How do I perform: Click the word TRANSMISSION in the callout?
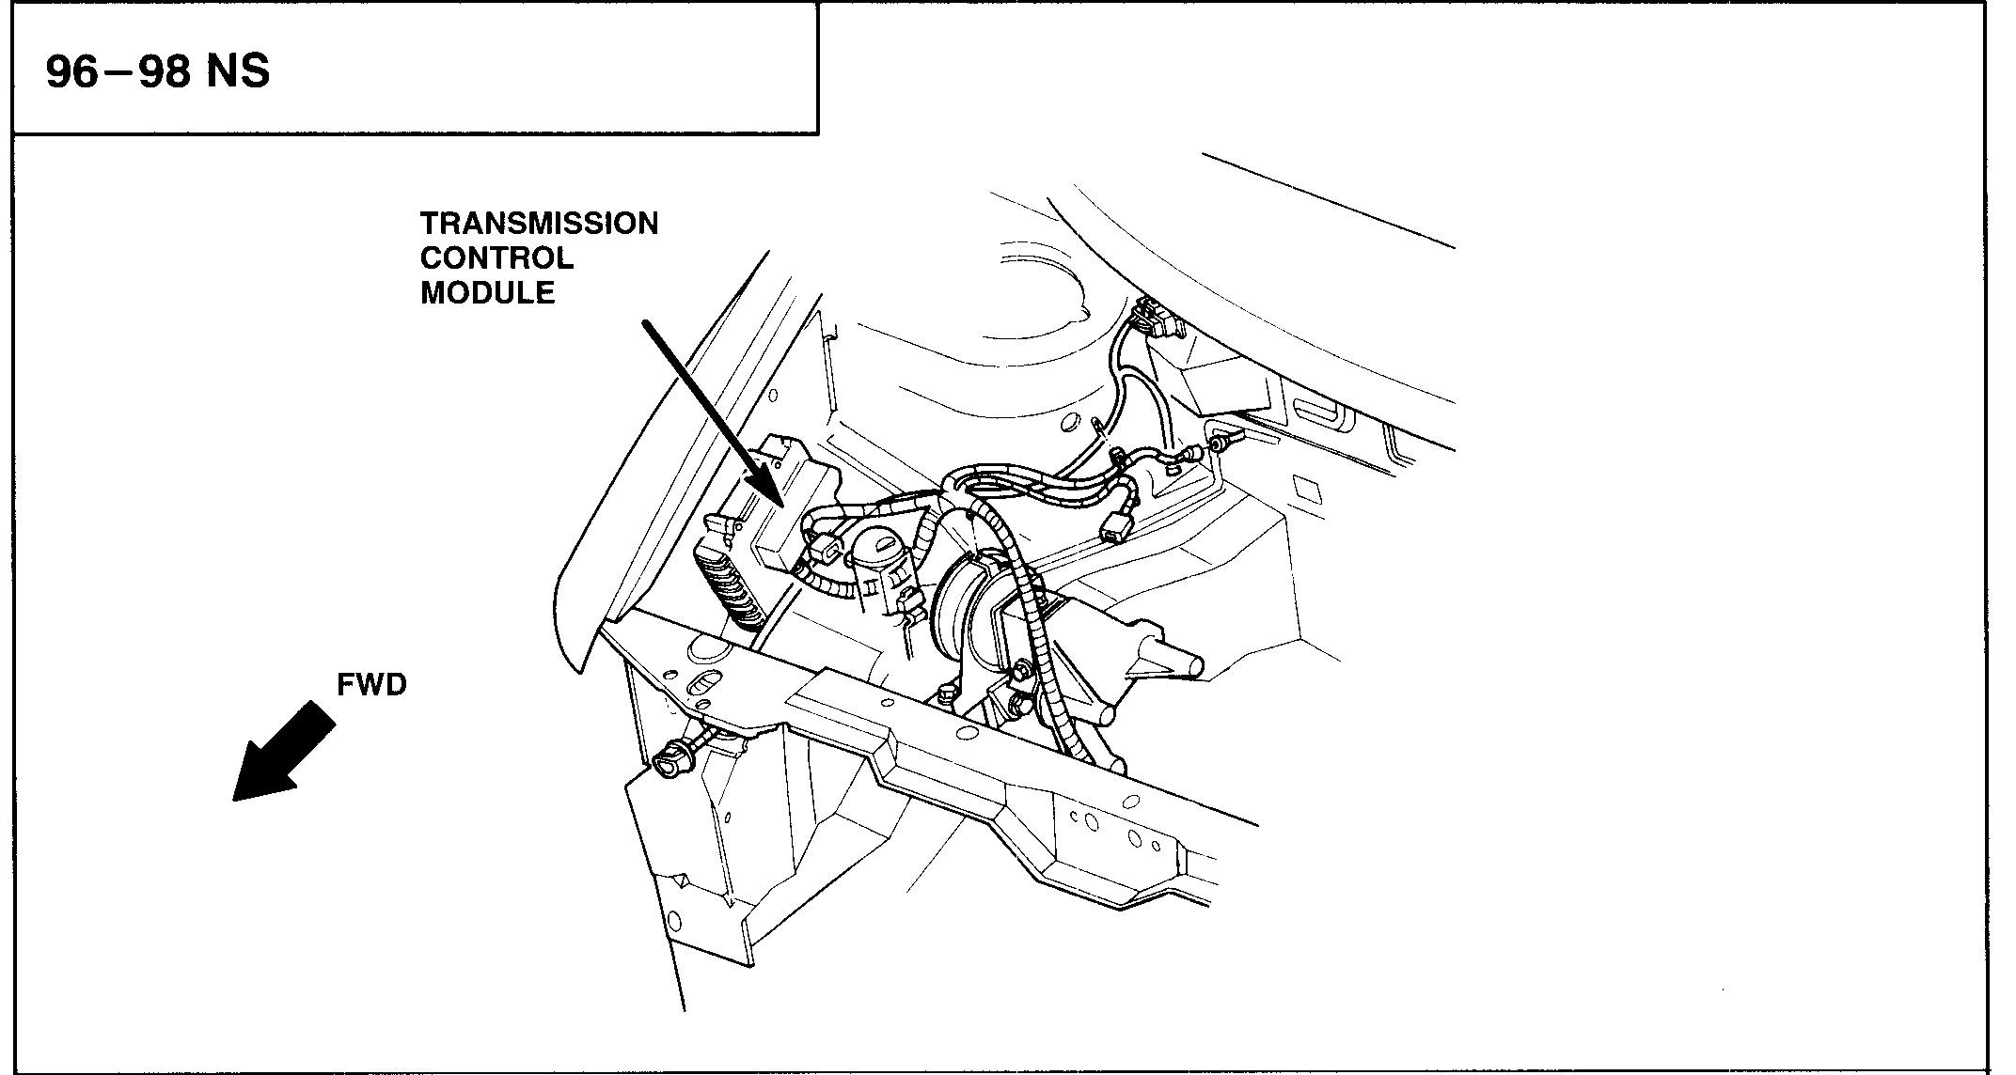(539, 224)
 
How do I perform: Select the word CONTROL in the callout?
(496, 258)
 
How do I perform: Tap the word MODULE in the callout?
(487, 293)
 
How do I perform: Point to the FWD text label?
(371, 686)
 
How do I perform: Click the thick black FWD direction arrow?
(282, 752)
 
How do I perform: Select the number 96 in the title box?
(71, 72)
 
